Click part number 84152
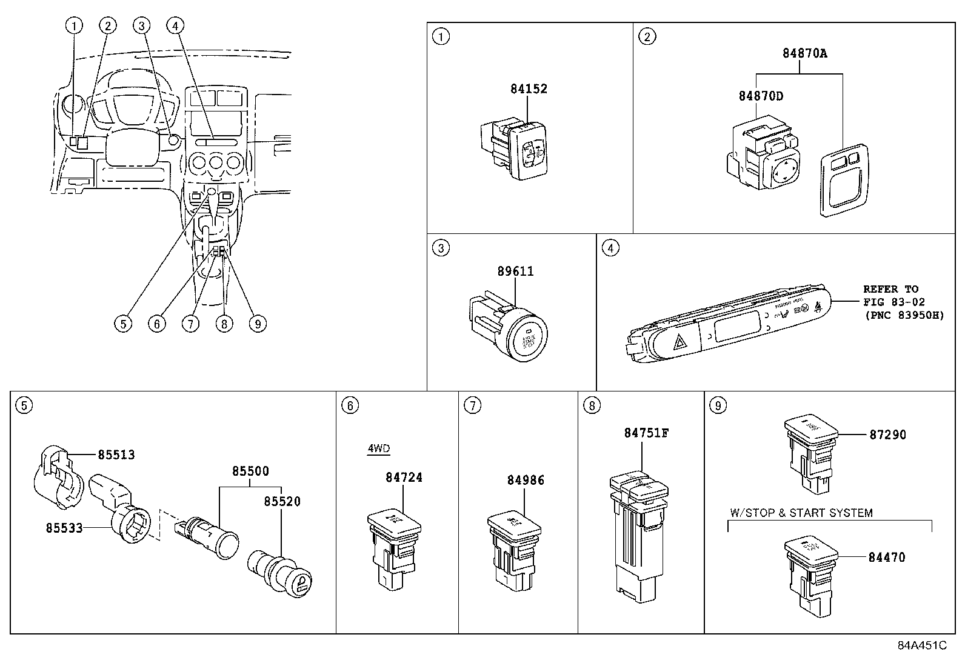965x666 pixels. (528, 88)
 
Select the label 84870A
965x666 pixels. (804, 53)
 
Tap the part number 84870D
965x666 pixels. (760, 96)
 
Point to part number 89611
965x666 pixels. (515, 271)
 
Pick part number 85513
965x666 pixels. (116, 455)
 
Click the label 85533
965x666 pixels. (64, 527)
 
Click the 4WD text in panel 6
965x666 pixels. (378, 449)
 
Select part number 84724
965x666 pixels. (404, 477)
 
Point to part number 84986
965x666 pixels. (526, 480)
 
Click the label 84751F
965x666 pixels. (646, 433)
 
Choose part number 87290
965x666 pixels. (887, 435)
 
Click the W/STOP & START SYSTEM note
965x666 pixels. (801, 513)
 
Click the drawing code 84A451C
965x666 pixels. (921, 645)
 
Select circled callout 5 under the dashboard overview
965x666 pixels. (123, 324)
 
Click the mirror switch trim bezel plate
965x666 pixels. (841, 180)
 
